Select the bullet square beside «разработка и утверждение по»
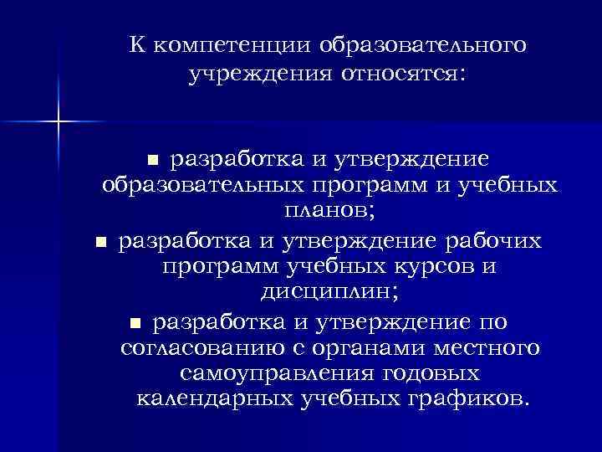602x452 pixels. click(x=137, y=323)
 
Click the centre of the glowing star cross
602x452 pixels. click(x=59, y=122)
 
